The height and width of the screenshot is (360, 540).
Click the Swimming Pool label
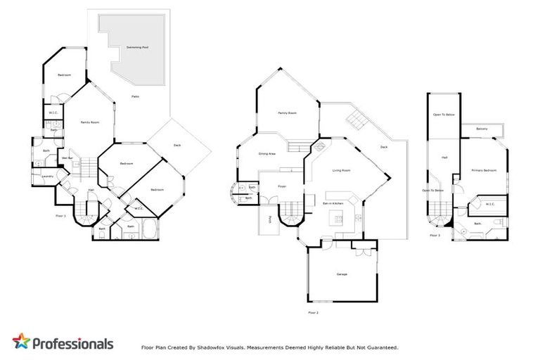click(x=137, y=47)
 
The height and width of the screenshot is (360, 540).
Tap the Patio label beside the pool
click(x=135, y=96)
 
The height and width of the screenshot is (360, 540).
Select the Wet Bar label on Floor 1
click(x=68, y=158)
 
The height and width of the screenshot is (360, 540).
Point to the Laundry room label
click(x=47, y=176)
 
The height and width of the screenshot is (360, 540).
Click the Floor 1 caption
click(x=60, y=216)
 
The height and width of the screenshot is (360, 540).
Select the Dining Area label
click(x=266, y=153)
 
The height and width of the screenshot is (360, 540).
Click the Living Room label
click(x=342, y=170)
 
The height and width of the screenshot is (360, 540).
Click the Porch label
click(x=269, y=219)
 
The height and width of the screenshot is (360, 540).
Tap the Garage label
click(x=342, y=274)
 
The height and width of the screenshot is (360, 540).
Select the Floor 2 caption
click(x=313, y=311)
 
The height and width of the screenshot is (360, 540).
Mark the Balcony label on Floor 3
click(x=482, y=129)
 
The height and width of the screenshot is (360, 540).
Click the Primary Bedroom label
click(x=484, y=170)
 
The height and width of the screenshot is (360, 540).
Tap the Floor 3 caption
click(x=435, y=236)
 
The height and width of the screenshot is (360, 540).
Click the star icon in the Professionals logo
click(x=22, y=342)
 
